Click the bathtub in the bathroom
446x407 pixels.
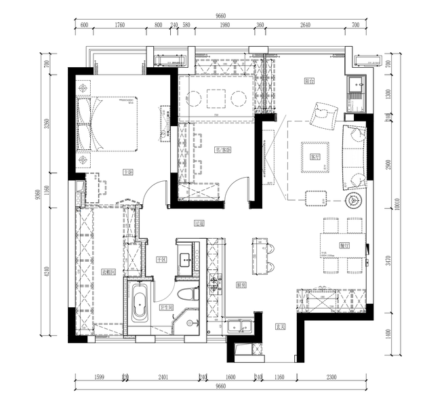click(140, 304)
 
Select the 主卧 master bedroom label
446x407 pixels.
click(127, 173)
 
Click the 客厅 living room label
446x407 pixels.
click(314, 156)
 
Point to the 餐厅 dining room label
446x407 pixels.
click(344, 245)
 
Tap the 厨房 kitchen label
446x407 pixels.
click(239, 285)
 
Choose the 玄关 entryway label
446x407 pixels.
click(279, 326)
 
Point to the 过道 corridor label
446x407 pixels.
click(199, 222)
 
